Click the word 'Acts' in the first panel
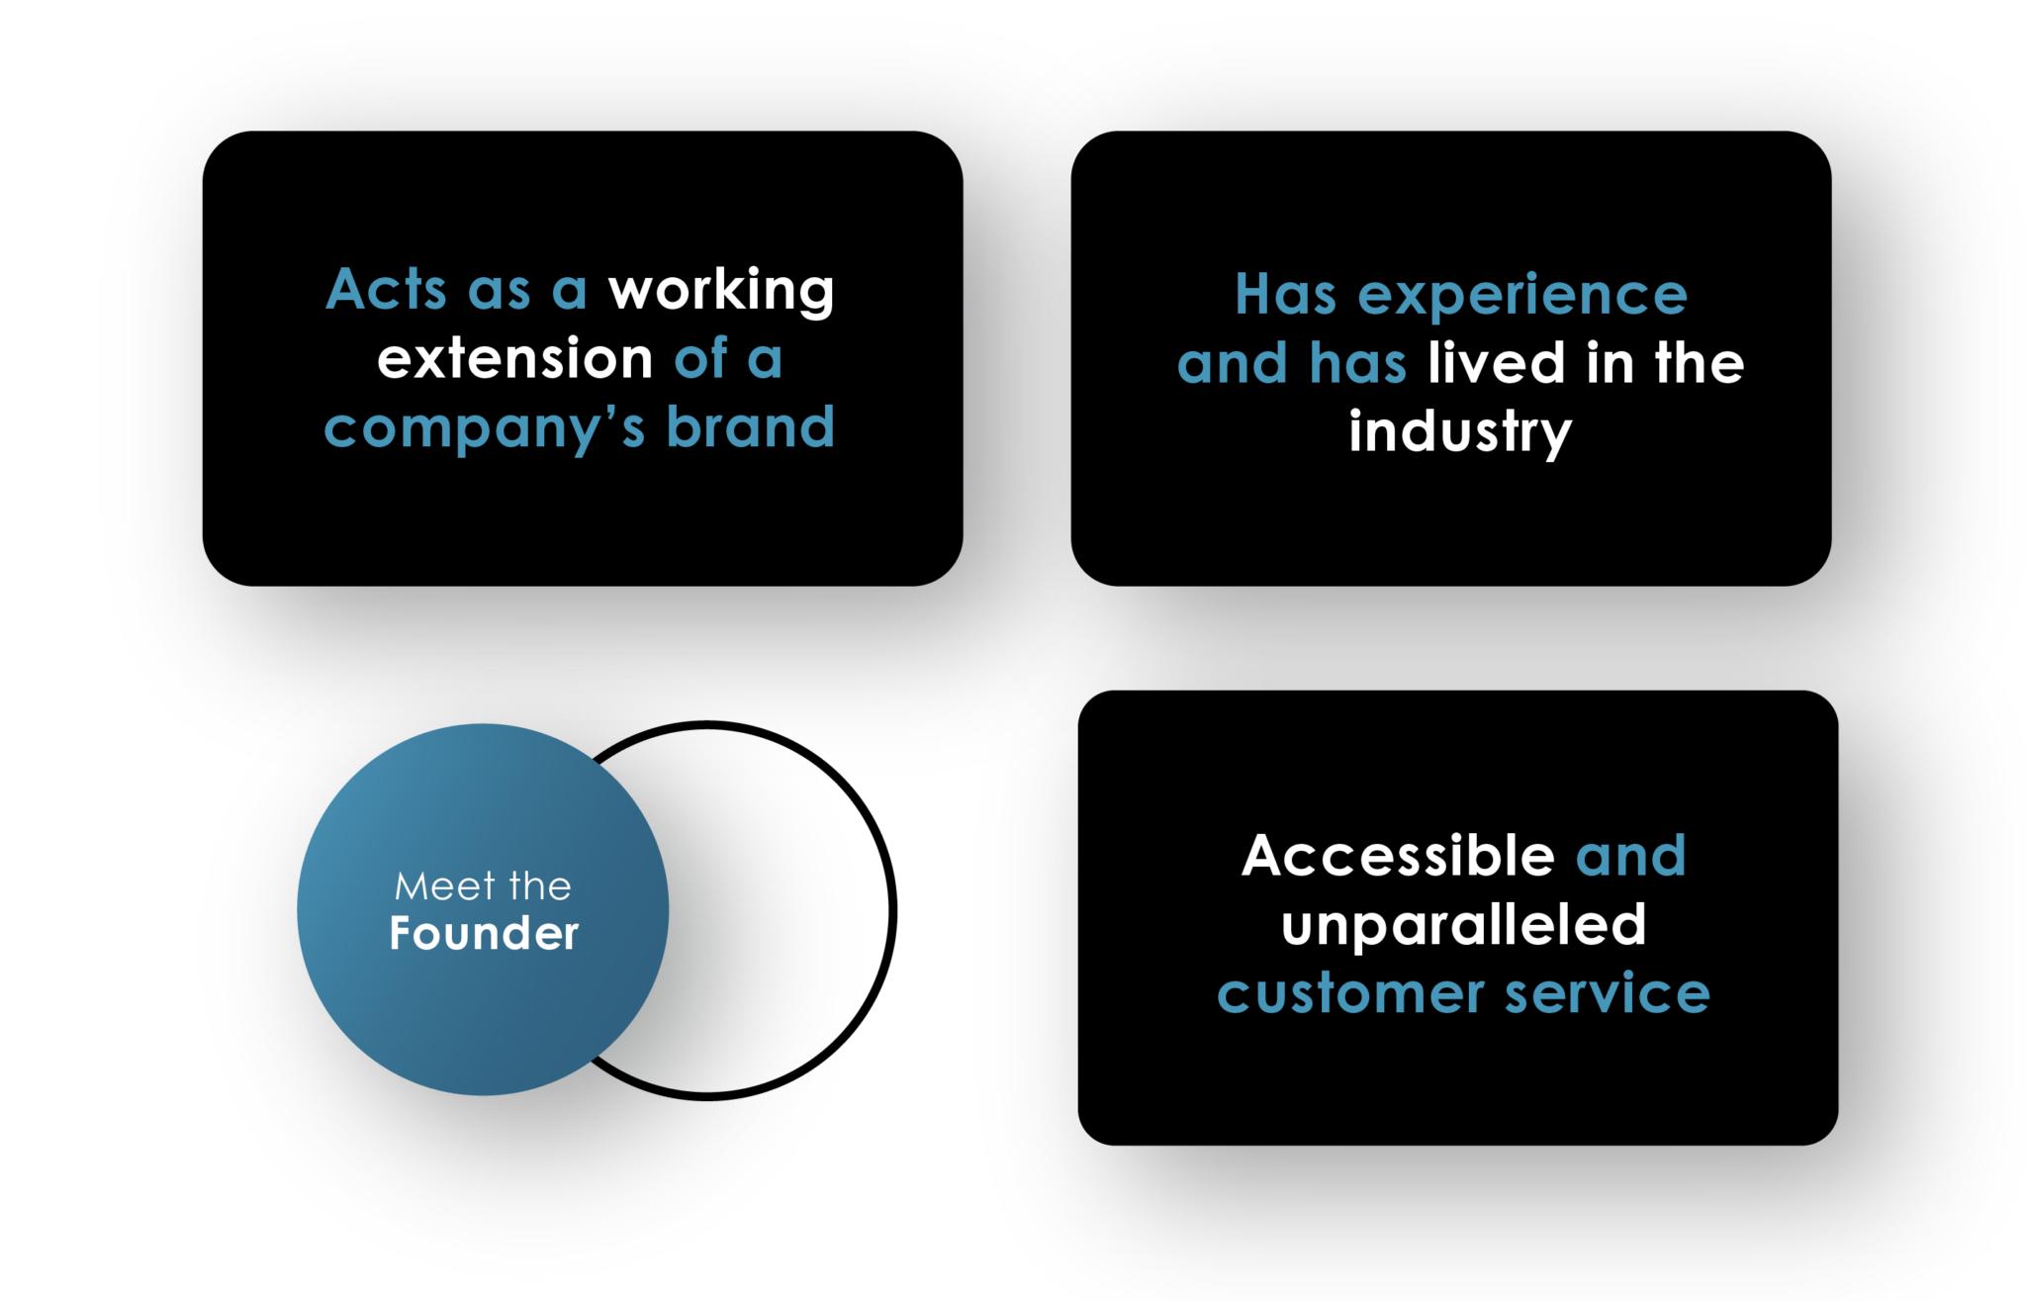pos(386,290)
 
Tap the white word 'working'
pos(721,292)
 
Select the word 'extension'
pos(514,358)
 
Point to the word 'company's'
pos(485,429)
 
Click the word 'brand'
pos(751,427)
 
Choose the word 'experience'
pos(1522,296)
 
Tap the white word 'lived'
pos(1496,363)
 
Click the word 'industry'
pos(1460,433)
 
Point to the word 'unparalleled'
pos(1463,926)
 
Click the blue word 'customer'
pos(1350,994)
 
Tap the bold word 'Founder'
pos(484,934)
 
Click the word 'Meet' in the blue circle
pos(444,887)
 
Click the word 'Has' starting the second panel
pos(1285,296)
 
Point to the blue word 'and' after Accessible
pos(1630,856)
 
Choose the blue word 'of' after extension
pos(701,358)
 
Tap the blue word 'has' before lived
pos(1357,363)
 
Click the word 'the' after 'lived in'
pos(1700,363)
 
